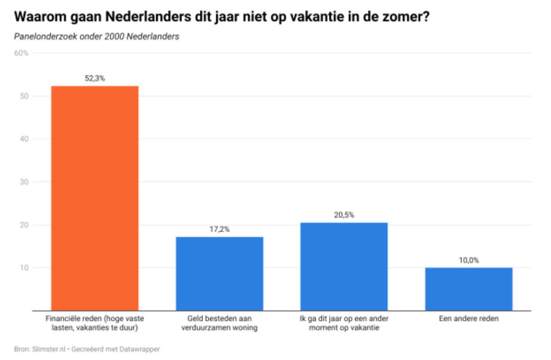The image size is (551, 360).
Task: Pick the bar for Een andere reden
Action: point(469,289)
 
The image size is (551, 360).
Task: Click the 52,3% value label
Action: point(95,79)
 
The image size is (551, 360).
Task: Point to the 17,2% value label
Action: point(219,229)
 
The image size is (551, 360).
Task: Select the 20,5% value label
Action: point(344,215)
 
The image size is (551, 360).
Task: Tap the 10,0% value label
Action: point(469,260)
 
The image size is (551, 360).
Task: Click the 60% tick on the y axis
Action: point(22,54)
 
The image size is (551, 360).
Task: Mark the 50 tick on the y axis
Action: point(25,96)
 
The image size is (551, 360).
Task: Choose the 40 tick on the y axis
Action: point(25,139)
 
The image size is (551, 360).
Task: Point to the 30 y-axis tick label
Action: point(25,182)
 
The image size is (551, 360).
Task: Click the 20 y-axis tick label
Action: point(25,225)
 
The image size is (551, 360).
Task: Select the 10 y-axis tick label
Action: point(25,268)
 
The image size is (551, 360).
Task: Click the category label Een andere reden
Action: point(469,319)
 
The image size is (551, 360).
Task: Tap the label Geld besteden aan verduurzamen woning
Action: point(219,323)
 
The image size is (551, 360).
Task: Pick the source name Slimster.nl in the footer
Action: point(48,350)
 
